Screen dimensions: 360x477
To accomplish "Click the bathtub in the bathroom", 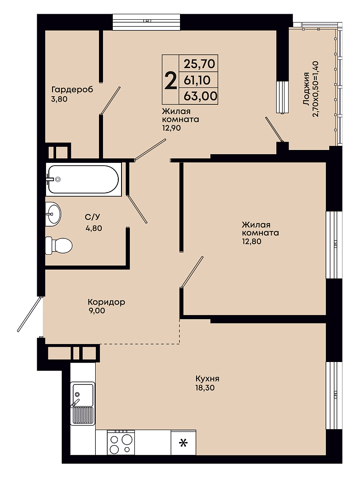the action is (83, 179).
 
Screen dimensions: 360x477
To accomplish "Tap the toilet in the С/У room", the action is (59, 245).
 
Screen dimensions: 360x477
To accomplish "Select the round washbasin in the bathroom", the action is (53, 214).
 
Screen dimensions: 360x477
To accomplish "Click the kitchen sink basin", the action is (82, 395).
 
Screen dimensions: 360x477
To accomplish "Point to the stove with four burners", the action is (121, 444).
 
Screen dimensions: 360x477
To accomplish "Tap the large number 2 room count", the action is (170, 80).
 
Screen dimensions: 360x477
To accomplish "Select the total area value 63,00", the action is (200, 96).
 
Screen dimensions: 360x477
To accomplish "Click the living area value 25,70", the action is (199, 63).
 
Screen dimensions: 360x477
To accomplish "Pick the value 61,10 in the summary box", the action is (197, 80).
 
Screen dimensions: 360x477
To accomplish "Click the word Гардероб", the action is (72, 90).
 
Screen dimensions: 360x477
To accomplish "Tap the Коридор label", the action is (106, 302).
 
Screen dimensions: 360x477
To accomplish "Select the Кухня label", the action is (208, 379).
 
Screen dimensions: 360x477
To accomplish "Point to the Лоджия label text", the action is (306, 89).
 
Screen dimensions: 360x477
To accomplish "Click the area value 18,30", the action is (205, 388).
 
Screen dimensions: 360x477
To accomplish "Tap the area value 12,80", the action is (251, 241).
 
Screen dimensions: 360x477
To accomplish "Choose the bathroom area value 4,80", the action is (93, 228).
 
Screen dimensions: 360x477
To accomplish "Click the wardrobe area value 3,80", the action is (59, 99).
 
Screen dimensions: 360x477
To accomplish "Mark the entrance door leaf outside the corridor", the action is (29, 314).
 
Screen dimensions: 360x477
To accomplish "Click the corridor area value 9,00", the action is (96, 310).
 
